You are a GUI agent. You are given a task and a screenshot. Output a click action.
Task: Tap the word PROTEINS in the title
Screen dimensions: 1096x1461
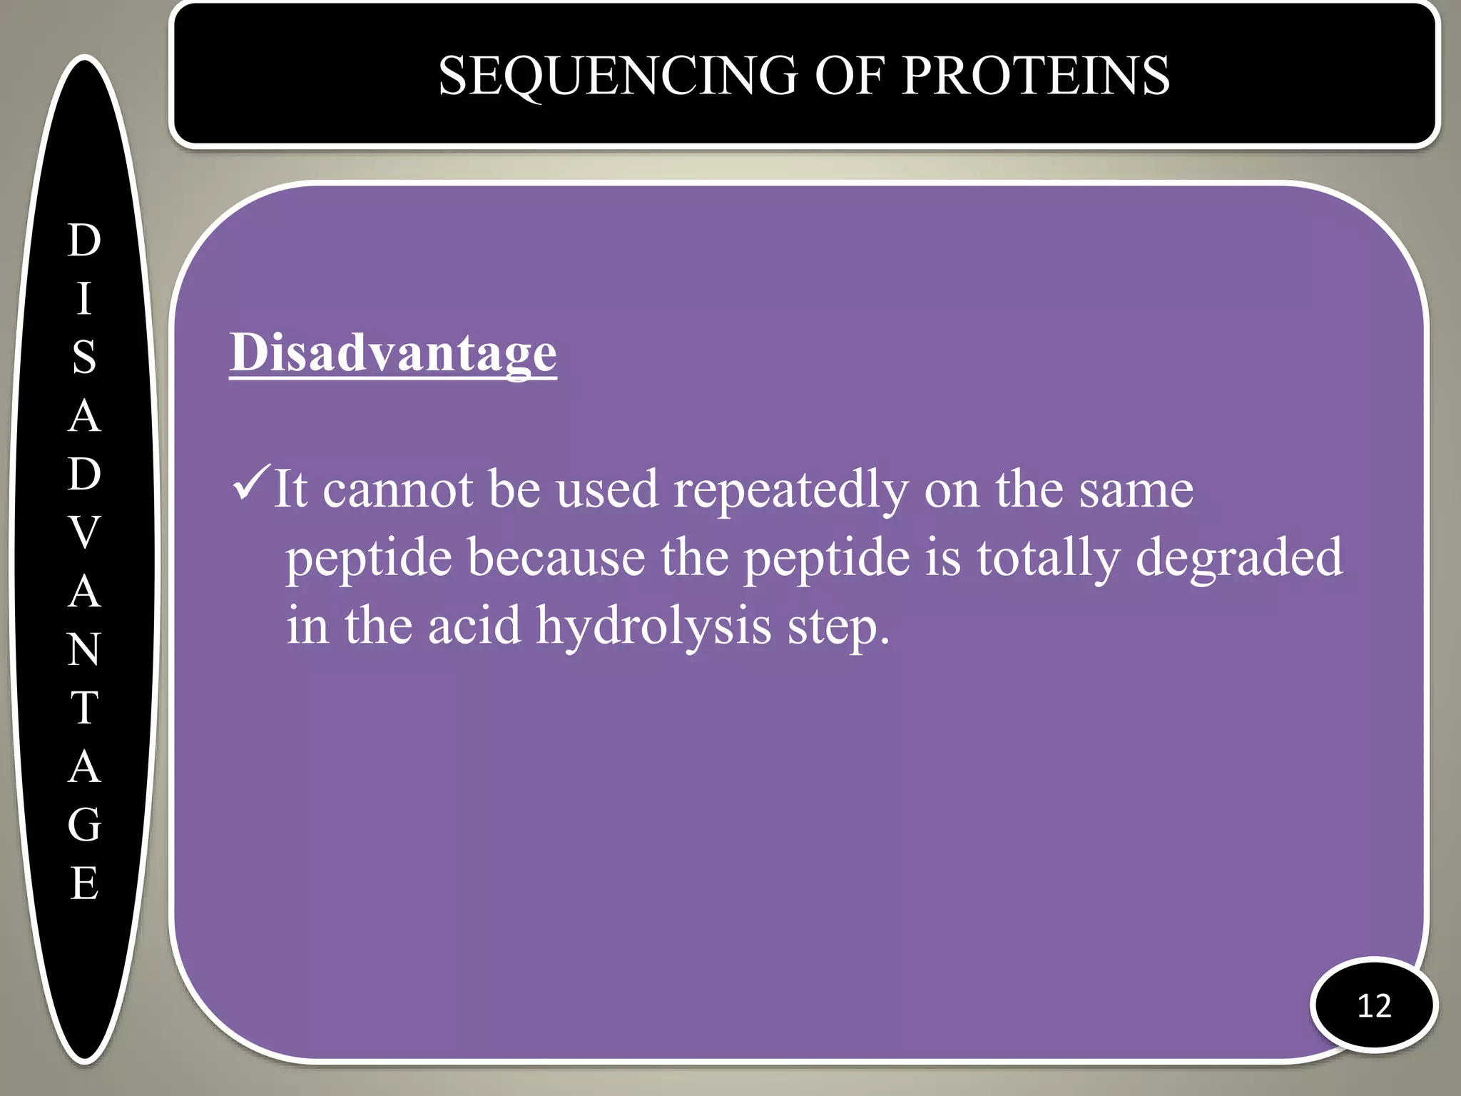pos(1035,76)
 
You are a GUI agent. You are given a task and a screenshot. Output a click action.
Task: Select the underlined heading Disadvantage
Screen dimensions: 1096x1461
pos(392,352)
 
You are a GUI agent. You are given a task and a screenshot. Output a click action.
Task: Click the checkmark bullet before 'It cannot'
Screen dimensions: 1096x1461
pos(251,484)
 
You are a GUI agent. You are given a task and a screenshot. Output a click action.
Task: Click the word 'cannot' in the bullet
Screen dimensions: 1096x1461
pos(397,491)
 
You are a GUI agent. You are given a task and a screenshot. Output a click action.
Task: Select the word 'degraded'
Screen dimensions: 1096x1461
pos(1238,558)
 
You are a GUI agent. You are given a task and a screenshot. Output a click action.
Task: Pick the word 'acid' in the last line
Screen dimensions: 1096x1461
pos(474,625)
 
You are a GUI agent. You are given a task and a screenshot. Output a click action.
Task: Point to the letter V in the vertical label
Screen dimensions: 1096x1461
pos(85,532)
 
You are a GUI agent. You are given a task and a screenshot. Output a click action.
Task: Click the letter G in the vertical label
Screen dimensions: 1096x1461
pos(85,825)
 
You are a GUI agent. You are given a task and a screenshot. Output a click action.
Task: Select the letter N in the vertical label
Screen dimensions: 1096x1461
pos(85,649)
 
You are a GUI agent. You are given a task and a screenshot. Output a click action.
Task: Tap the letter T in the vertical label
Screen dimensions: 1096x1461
pos(85,708)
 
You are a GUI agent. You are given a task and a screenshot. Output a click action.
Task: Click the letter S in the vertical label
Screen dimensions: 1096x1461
pos(85,357)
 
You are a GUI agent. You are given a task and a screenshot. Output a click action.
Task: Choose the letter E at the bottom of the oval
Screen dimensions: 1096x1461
pos(85,883)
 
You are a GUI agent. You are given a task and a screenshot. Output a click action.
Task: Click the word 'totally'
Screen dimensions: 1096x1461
pos(1048,559)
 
